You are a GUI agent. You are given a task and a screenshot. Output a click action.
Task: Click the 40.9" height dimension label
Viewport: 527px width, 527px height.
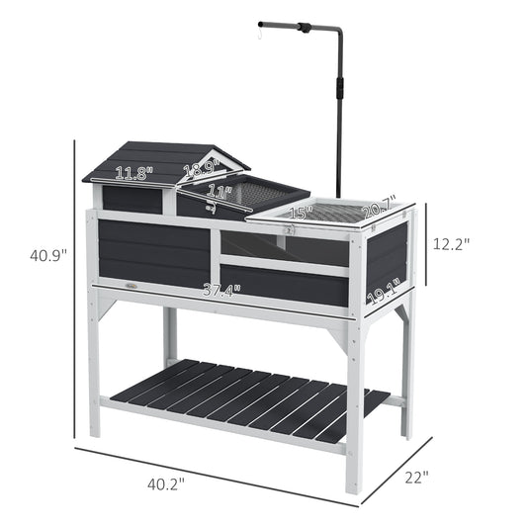48,255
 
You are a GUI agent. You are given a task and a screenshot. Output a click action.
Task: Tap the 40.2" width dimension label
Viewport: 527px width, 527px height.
166,484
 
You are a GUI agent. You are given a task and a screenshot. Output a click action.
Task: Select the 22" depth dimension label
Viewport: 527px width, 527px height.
417,478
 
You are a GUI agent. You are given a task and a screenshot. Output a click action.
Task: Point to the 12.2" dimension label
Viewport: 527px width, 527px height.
451,243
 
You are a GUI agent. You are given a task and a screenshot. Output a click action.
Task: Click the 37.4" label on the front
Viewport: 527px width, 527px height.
221,290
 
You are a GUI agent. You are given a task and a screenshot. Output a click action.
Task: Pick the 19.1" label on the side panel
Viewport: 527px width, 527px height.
384,291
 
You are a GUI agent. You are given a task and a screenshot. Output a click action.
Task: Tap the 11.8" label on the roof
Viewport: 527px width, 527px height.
133,173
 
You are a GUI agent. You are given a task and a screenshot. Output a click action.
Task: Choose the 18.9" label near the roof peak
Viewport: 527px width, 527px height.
201,168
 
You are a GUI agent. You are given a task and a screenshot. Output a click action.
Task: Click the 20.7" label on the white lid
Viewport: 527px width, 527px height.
379,207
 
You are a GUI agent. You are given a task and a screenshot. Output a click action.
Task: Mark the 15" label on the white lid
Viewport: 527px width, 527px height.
301,212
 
